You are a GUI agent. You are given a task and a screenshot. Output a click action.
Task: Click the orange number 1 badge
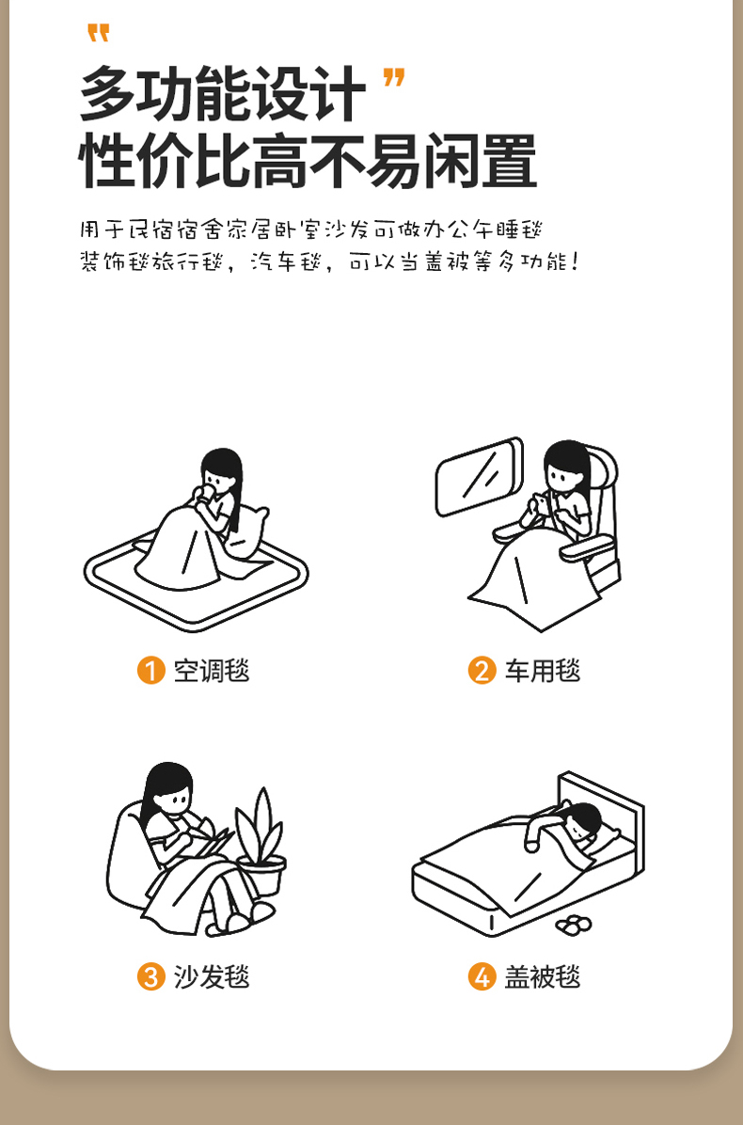pos(150,671)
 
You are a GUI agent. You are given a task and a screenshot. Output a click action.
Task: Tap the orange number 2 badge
pos(482,671)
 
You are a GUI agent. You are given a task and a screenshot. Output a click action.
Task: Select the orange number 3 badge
pos(150,976)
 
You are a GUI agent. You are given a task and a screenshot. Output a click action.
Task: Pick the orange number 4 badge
pos(482,976)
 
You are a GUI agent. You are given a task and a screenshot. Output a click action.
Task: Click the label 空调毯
pos(212,671)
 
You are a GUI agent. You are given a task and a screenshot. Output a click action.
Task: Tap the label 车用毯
pos(543,671)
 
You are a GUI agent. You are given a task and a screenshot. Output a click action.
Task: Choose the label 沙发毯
pos(212,976)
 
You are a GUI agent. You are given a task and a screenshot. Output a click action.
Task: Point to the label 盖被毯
pos(543,976)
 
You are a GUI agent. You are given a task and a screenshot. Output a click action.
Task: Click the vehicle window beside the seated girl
pos(479,477)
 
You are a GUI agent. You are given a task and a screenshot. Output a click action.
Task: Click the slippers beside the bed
pos(574,926)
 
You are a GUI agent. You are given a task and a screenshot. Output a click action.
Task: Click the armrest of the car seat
pos(588,549)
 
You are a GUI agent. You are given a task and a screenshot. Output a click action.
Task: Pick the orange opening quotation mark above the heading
pos(98,33)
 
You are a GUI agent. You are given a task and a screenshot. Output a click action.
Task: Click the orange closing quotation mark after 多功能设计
pos(394,77)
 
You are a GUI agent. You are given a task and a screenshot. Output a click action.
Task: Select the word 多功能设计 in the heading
pos(222,94)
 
